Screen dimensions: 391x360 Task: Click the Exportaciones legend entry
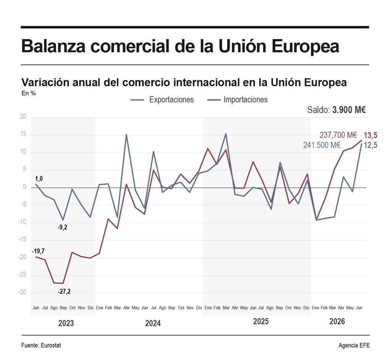click(162, 100)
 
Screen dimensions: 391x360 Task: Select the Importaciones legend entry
click(238, 100)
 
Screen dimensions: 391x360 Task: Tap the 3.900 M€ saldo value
click(349, 110)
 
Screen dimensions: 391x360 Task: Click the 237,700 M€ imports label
click(338, 135)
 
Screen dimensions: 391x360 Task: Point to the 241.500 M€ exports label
click(322, 145)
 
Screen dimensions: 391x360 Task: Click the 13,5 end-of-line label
click(370, 135)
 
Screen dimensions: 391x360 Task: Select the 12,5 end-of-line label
click(370, 145)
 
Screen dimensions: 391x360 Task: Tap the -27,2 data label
click(64, 291)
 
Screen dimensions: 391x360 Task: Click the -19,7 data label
click(38, 251)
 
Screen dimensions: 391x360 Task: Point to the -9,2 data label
click(62, 227)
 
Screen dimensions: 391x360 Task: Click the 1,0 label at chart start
click(39, 179)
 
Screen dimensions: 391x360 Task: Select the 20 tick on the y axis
click(23, 117)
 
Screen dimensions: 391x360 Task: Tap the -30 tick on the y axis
click(22, 292)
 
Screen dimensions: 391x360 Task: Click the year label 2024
click(153, 323)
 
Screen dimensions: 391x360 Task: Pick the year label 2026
click(337, 321)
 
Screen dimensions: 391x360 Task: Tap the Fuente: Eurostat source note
click(41, 345)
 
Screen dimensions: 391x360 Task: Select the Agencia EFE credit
click(354, 345)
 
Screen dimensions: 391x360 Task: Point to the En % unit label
click(29, 93)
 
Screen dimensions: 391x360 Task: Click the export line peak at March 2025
click(226, 133)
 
